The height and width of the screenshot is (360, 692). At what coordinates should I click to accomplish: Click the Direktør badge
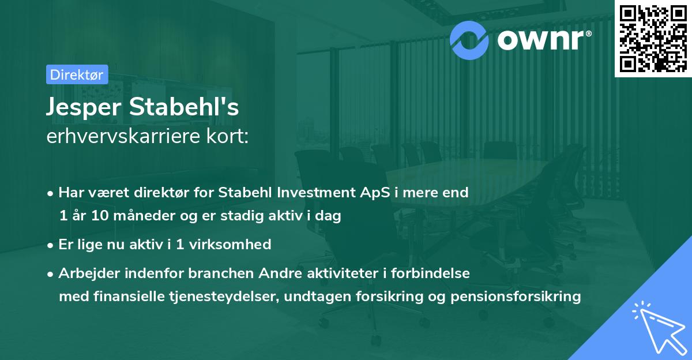pos(77,74)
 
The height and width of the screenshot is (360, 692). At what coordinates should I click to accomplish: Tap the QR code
pos(652,39)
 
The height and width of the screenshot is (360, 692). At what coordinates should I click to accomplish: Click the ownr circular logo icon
pos(469,39)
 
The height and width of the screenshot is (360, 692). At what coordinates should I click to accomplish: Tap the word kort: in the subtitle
pos(229,137)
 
